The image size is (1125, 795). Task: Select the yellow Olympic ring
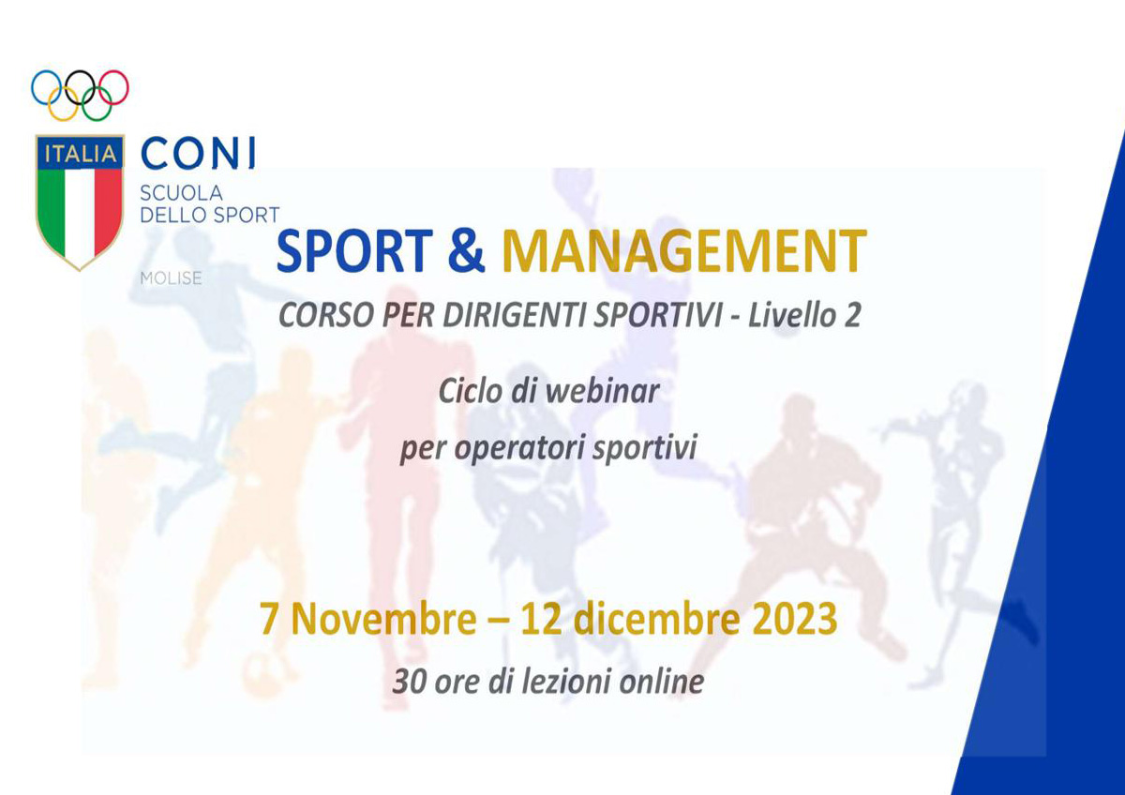click(x=64, y=119)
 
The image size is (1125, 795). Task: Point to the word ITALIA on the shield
click(x=81, y=153)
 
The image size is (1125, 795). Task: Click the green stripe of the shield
click(x=52, y=211)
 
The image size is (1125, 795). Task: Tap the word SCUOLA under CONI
click(x=181, y=193)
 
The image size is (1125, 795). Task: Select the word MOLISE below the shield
click(x=171, y=277)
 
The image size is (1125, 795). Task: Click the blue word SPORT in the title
click(x=354, y=250)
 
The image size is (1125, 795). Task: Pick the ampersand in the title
click(x=467, y=250)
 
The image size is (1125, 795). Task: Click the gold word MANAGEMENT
click(x=684, y=250)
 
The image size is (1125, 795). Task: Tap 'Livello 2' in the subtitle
click(x=804, y=315)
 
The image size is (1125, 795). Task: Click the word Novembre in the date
click(x=383, y=619)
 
